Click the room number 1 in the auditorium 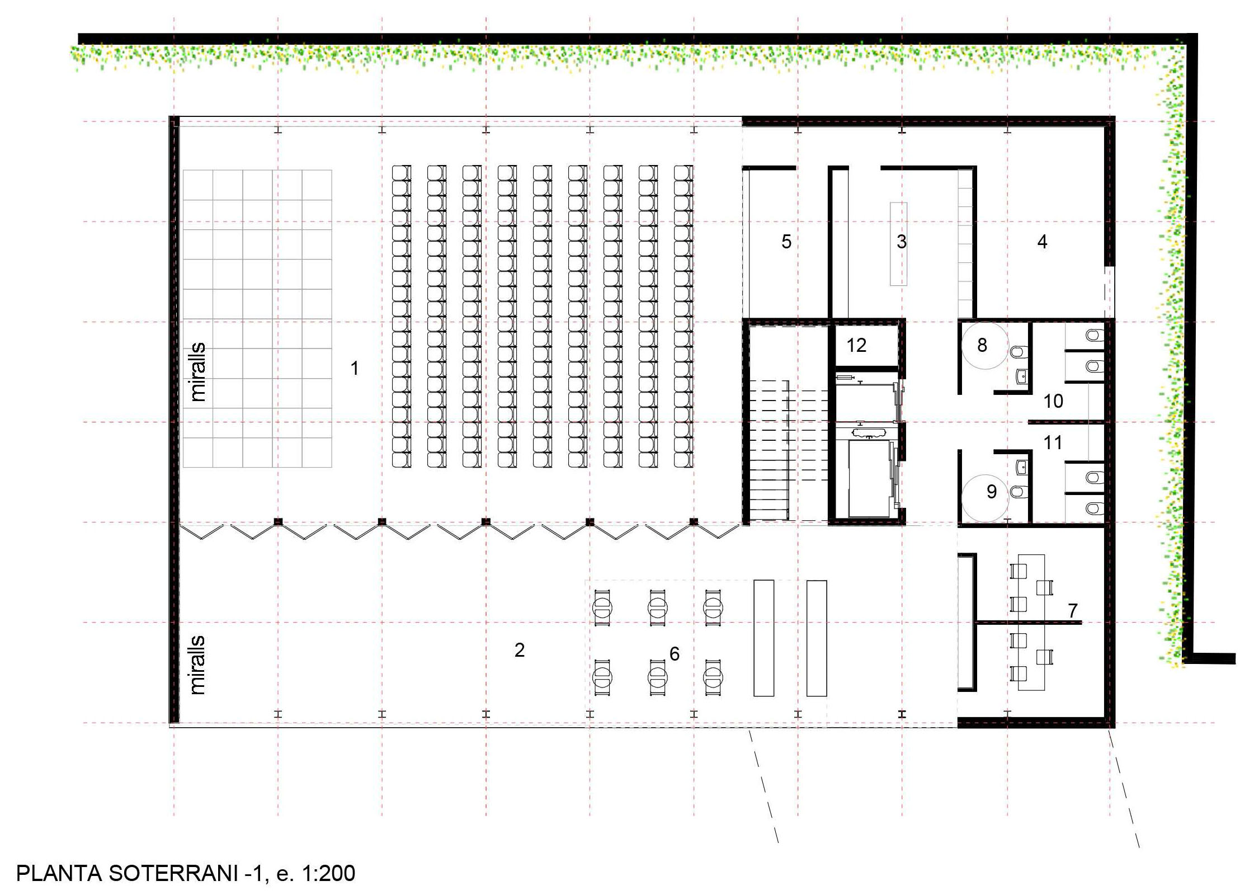[x=355, y=368]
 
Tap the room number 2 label [x=520, y=650]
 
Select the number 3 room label [x=902, y=242]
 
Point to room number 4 [x=1042, y=242]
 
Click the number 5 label [x=786, y=242]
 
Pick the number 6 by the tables [x=675, y=654]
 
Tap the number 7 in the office [x=1073, y=611]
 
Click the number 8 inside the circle [x=982, y=346]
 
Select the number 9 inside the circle [x=992, y=492]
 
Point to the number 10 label [x=1053, y=401]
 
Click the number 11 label [x=1053, y=443]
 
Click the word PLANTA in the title [x=59, y=873]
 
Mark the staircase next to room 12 [x=788, y=450]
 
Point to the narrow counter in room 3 [x=898, y=244]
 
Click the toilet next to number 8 [x=1019, y=352]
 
